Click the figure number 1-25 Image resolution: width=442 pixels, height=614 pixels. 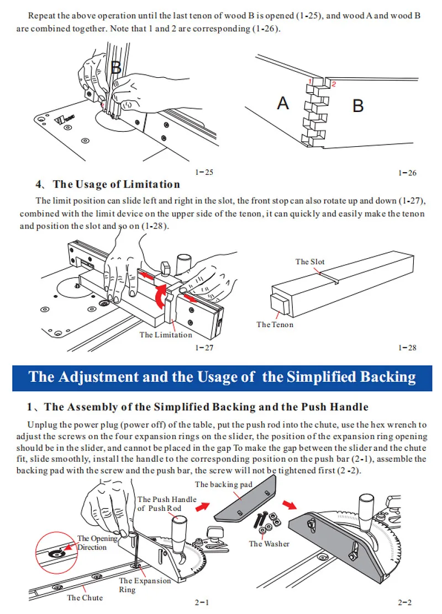pyautogui.click(x=204, y=173)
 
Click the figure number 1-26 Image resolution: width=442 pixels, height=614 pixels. pyautogui.click(x=407, y=173)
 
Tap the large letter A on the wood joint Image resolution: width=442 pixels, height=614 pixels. pyautogui.click(x=283, y=103)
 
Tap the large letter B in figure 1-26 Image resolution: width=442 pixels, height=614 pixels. pyautogui.click(x=358, y=105)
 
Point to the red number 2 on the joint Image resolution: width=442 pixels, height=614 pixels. pyautogui.click(x=333, y=83)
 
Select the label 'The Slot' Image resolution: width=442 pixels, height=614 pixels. pyautogui.click(x=310, y=261)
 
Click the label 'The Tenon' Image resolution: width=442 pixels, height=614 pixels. pyautogui.click(x=275, y=324)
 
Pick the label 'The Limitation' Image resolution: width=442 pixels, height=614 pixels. pyautogui.click(x=166, y=334)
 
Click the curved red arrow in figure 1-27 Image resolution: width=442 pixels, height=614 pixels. pyautogui.click(x=160, y=298)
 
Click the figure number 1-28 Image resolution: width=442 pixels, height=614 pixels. pyautogui.click(x=407, y=348)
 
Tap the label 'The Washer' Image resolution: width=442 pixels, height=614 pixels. pyautogui.click(x=269, y=543)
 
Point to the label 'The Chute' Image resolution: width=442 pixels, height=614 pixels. pyautogui.click(x=85, y=597)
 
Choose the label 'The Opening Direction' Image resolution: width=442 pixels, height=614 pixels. pyautogui.click(x=97, y=542)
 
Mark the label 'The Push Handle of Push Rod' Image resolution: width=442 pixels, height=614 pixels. pyautogui.click(x=167, y=503)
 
